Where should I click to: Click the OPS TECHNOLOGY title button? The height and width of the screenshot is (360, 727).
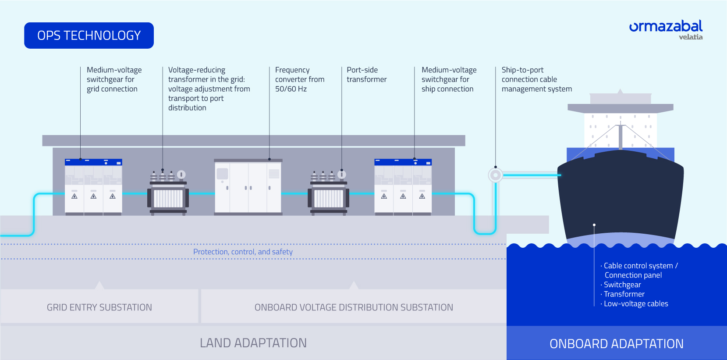89,36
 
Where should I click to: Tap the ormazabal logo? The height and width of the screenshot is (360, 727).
665,29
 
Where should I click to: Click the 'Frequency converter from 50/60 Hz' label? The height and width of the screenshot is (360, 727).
300,79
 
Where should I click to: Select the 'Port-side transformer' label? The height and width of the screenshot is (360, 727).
366,75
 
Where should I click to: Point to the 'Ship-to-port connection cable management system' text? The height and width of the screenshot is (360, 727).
536,79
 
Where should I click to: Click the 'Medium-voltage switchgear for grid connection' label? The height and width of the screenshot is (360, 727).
114,79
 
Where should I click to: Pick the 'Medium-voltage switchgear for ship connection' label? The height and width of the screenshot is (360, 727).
449,79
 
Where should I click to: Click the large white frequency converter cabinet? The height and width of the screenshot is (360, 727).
248,187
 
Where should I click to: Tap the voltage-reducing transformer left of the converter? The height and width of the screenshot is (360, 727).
168,193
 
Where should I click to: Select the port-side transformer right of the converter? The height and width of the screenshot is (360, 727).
329,193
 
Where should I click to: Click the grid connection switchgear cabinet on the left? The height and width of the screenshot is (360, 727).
93,187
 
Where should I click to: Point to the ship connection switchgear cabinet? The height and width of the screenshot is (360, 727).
403,187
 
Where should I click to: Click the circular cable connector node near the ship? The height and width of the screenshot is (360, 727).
496,175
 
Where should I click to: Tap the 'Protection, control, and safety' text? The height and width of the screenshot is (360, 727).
243,252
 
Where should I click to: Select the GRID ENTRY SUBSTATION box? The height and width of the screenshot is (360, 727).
99,307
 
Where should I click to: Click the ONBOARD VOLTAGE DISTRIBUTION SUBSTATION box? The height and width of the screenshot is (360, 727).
354,307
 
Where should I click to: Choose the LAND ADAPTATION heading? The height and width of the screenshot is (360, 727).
253,343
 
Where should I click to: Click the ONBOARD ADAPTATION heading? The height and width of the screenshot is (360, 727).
617,344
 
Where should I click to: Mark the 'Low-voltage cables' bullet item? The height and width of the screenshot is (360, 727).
636,304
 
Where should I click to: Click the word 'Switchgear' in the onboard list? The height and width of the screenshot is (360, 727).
622,285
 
